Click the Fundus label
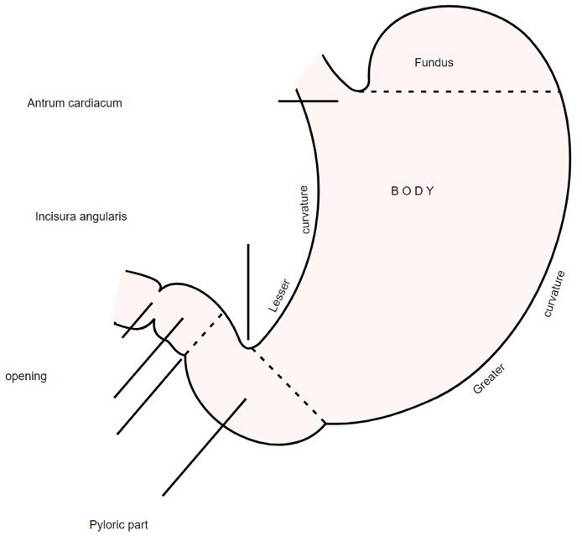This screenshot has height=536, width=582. coord(434,62)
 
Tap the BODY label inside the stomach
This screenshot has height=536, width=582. coord(413,190)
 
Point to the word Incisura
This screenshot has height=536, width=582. coord(56,216)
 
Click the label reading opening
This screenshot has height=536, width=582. coord(26,377)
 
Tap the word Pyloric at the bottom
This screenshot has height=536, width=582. coord(107,526)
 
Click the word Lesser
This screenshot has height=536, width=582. coord(278,295)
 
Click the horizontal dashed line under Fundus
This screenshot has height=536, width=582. coord(461,91)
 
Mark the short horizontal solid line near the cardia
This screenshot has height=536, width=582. coord(308,101)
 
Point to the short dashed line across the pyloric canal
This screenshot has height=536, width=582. coord(201,332)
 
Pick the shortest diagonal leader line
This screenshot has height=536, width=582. coord(138,320)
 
